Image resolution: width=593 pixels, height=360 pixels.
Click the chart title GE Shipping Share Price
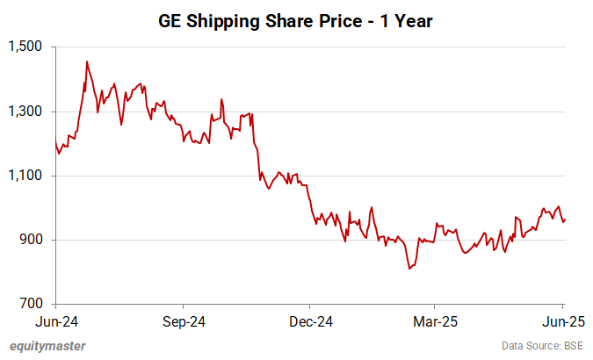296,18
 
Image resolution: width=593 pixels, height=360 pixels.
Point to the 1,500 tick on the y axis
27,47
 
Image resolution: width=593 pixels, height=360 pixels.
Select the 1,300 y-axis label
27,112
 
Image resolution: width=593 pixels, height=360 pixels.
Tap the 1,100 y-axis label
27,176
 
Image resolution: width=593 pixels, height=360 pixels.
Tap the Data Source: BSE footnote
541,345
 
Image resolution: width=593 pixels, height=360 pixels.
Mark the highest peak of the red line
86,61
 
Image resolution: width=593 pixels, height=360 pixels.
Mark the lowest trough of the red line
409,269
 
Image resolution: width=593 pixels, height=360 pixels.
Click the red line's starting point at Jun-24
55,140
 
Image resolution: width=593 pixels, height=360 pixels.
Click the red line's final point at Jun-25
564,220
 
